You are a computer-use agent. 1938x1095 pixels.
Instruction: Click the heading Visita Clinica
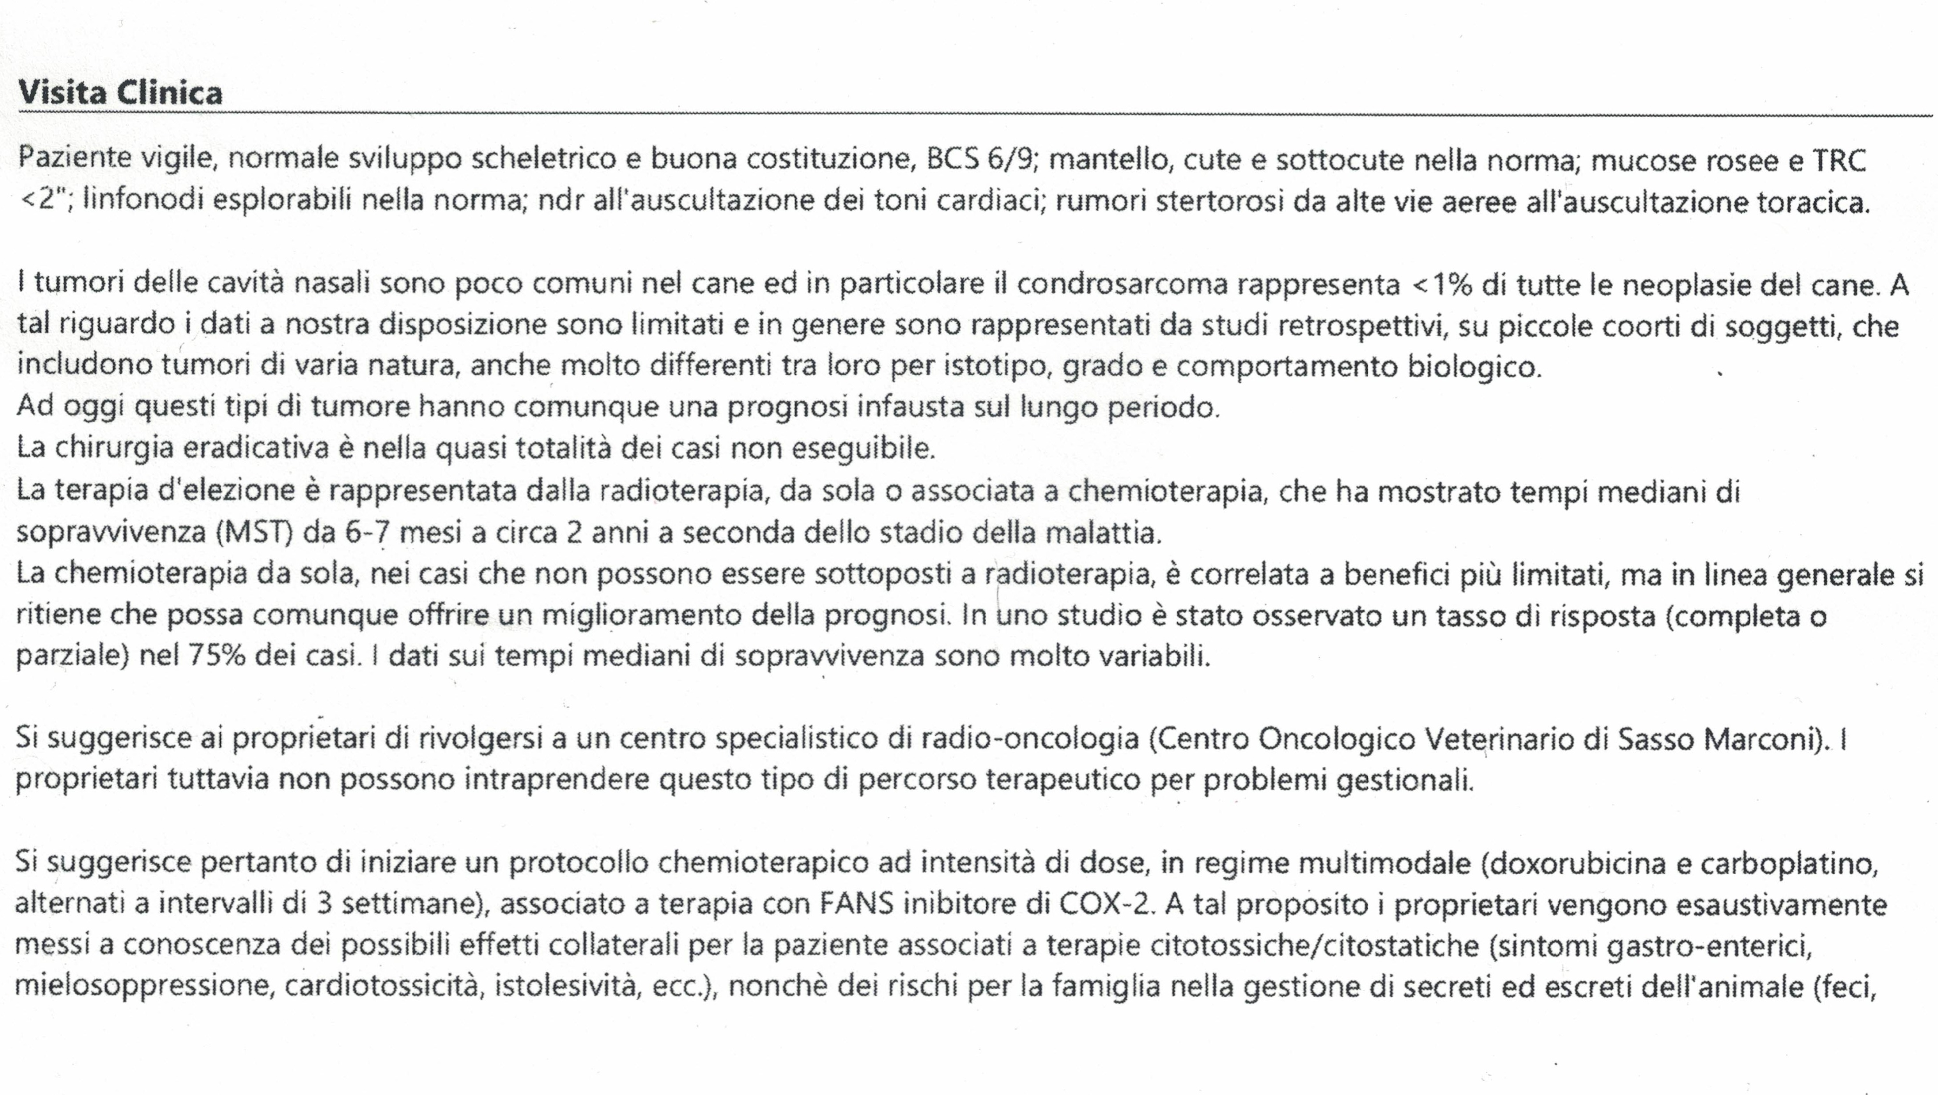point(120,92)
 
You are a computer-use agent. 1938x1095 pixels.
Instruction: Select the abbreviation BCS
point(953,159)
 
